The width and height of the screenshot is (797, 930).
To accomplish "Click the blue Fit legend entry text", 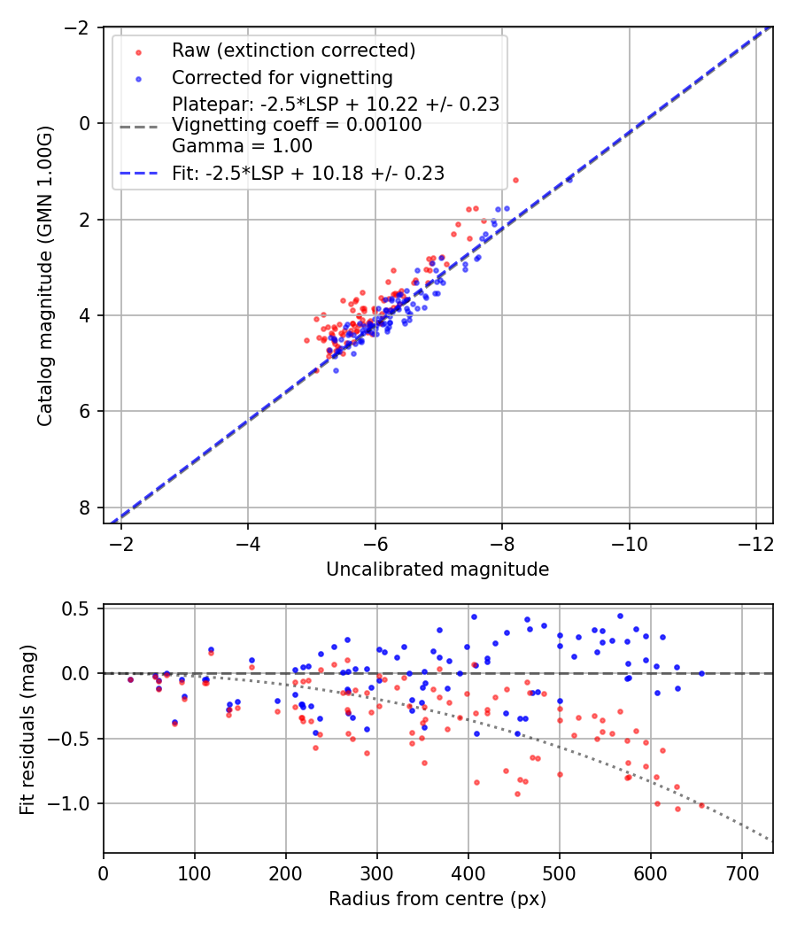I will coord(307,174).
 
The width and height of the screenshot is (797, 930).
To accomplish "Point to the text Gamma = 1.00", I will coord(242,145).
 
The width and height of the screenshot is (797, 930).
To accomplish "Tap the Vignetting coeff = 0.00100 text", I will coord(297,125).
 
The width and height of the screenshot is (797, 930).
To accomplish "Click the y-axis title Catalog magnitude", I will coord(45,275).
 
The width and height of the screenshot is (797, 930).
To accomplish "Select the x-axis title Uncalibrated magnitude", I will coord(437,569).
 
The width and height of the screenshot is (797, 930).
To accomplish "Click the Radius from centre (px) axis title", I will coord(437,899).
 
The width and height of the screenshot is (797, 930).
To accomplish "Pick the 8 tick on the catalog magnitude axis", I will coord(84,508).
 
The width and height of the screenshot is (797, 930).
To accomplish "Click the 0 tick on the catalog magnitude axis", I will coord(84,123).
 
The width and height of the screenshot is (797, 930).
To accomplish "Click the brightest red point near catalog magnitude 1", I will coord(515,180).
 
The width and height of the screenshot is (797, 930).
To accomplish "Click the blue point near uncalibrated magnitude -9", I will coord(569,179).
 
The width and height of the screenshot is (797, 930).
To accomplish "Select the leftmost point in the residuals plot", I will coord(130,679).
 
